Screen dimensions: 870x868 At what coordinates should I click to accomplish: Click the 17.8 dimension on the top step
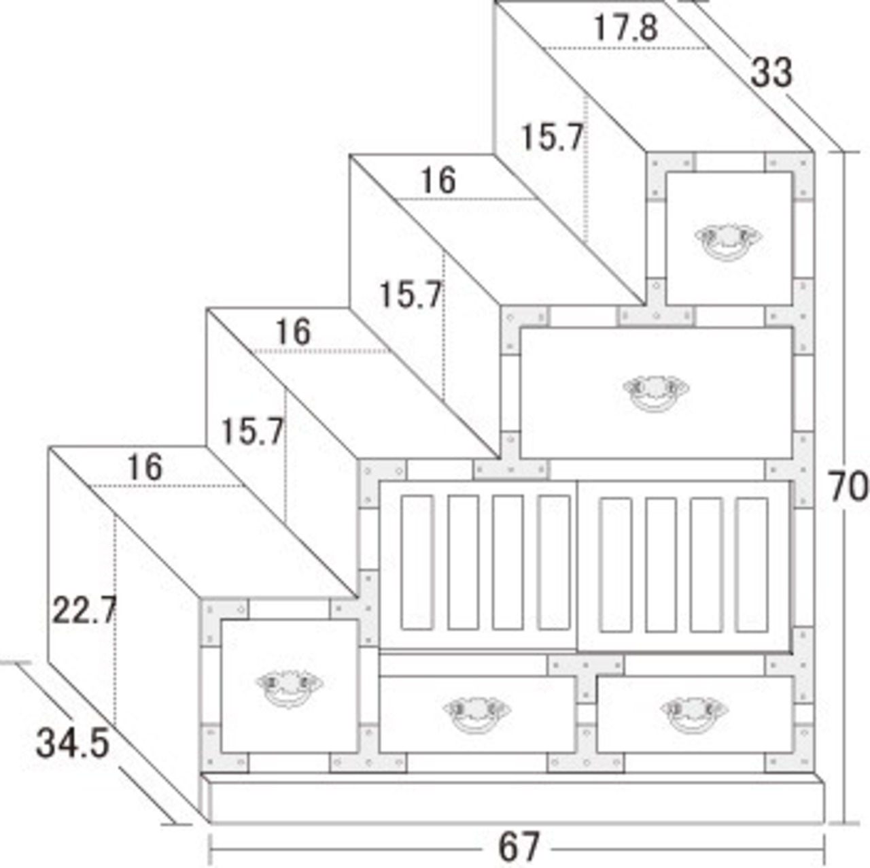point(626,28)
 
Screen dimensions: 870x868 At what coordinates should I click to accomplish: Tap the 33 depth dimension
point(771,72)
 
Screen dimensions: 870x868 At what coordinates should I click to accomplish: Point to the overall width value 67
point(519,847)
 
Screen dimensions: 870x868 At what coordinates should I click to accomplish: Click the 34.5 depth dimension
point(72,744)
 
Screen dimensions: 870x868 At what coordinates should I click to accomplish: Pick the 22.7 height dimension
point(84,610)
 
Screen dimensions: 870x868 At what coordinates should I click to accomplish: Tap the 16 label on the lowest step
point(145,467)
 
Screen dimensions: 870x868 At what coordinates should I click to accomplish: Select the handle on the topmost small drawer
point(728,241)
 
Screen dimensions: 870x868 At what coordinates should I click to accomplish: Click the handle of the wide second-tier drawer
point(655,393)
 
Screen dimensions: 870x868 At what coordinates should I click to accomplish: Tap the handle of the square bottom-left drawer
point(289,688)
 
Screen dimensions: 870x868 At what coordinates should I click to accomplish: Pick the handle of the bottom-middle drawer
point(476,713)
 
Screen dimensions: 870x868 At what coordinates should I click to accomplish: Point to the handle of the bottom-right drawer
point(695,713)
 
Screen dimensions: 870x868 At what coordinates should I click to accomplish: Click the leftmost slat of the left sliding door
point(417,563)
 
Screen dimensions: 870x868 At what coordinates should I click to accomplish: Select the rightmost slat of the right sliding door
point(752,565)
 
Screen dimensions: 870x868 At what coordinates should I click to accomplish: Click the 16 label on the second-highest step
point(438,180)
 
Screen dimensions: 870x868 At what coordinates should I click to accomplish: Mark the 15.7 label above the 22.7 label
point(252,431)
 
